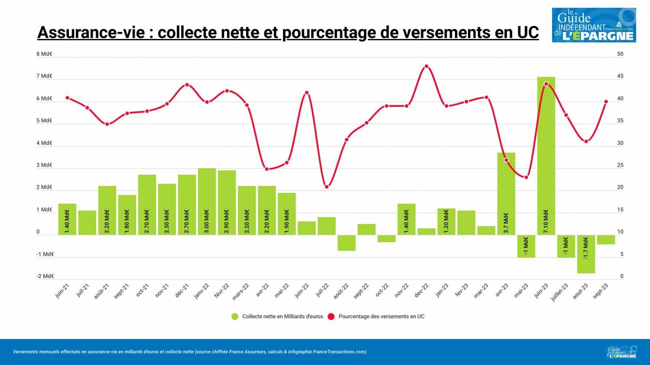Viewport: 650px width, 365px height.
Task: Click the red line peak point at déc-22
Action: (x=426, y=66)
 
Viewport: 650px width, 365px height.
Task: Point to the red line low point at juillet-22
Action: (x=326, y=187)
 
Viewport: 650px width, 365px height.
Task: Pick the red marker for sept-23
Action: (x=606, y=101)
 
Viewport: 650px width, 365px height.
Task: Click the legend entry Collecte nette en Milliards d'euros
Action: (x=277, y=317)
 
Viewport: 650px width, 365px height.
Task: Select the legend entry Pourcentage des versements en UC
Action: (x=377, y=317)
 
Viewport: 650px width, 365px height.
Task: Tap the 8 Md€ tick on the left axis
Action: (x=44, y=54)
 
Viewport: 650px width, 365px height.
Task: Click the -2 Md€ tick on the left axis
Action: (x=44, y=276)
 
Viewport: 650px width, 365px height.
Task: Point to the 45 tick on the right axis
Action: (x=620, y=76)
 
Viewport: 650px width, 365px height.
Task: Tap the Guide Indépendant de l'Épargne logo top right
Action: (x=593, y=25)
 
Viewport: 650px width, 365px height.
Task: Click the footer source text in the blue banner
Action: (x=190, y=352)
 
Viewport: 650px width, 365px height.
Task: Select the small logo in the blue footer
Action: (x=621, y=352)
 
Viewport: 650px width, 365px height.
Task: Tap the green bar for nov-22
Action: (x=406, y=219)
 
